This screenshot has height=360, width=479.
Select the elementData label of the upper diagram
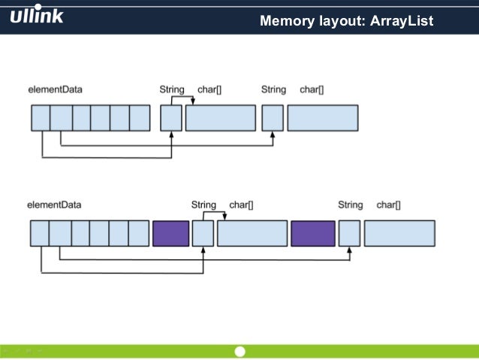tap(56, 89)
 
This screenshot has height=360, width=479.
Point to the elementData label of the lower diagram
tap(54, 204)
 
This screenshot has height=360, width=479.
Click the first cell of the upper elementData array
tap(41, 118)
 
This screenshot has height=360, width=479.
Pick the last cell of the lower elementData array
tap(139, 233)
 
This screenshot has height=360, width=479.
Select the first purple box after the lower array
tap(170, 233)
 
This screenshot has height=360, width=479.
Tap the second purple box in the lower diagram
tap(313, 233)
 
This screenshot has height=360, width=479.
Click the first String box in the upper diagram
tap(171, 118)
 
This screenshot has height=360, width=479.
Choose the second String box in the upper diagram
tap(273, 118)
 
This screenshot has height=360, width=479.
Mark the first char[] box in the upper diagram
tap(221, 118)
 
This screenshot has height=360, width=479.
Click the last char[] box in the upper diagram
tap(323, 118)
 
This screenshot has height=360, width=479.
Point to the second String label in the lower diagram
tap(350, 204)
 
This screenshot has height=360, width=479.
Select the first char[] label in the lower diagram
tap(241, 204)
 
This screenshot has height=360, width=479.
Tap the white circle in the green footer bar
tap(239, 352)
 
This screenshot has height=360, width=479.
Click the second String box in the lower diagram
tap(349, 233)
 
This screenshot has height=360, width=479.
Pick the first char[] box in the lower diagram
tap(252, 233)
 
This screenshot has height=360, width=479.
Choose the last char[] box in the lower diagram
tap(399, 233)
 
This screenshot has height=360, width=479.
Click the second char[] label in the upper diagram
tap(312, 89)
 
